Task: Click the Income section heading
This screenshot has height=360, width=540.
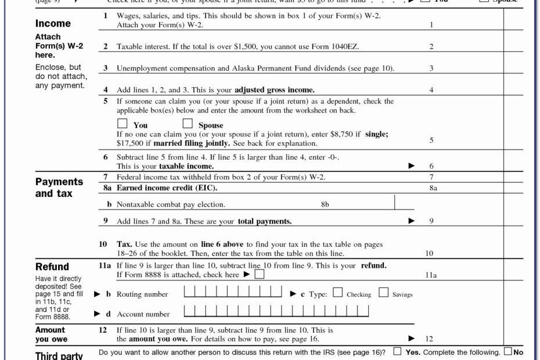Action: click(x=53, y=24)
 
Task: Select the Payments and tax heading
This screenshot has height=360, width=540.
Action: click(x=59, y=188)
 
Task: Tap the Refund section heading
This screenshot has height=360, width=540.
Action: click(x=52, y=267)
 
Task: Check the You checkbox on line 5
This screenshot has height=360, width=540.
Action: click(x=122, y=124)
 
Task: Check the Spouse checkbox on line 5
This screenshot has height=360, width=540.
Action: click(x=188, y=124)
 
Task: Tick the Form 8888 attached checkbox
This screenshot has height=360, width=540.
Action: click(x=259, y=274)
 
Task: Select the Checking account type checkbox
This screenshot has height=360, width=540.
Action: click(x=338, y=293)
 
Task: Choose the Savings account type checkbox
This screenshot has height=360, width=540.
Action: click(x=383, y=293)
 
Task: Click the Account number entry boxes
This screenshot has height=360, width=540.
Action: click(x=276, y=312)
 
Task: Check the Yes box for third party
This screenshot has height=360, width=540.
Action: click(x=397, y=352)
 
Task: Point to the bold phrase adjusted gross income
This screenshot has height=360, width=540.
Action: click(x=274, y=90)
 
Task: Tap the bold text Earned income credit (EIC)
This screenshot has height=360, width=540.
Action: click(x=167, y=188)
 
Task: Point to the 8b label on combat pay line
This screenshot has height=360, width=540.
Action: click(x=325, y=204)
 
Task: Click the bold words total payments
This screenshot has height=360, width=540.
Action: click(x=264, y=221)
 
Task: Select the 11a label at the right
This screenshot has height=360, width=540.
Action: click(x=431, y=275)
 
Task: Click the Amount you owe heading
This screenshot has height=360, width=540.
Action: click(x=51, y=334)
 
